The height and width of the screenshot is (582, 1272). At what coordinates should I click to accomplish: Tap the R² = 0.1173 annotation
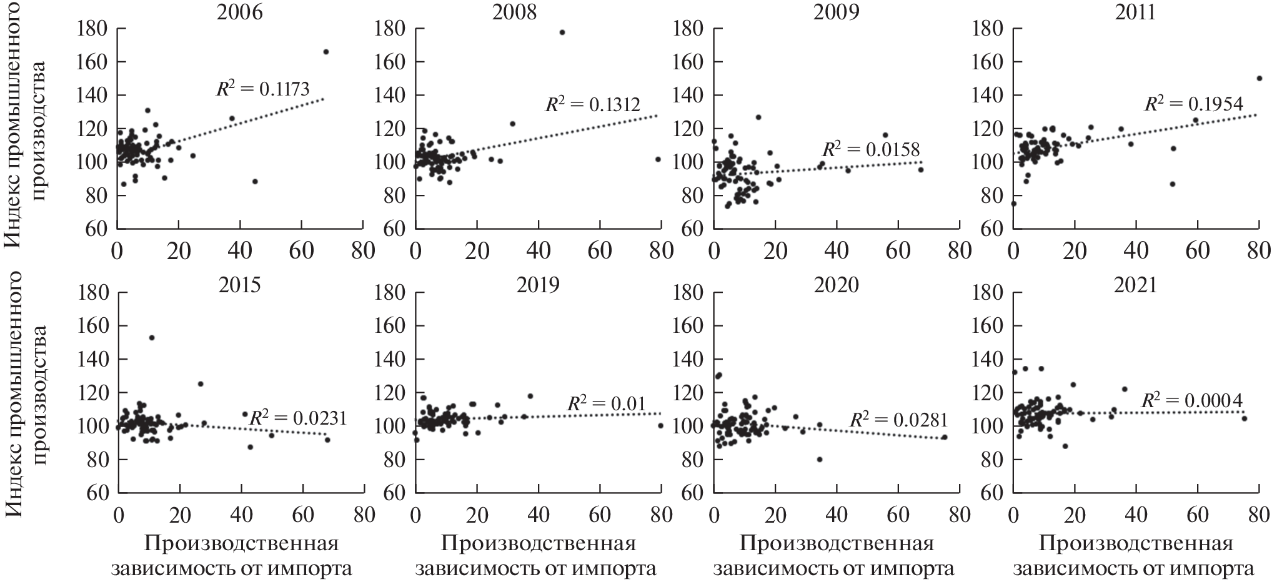click(262, 89)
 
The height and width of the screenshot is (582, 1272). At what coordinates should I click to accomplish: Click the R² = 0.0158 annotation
click(870, 149)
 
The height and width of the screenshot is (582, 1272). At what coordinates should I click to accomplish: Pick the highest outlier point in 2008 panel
click(562, 32)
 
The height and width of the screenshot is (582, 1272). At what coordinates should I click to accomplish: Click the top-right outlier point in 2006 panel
click(326, 52)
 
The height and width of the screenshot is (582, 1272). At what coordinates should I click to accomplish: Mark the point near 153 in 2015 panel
click(152, 338)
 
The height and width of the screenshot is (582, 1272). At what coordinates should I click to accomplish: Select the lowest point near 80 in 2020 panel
click(820, 460)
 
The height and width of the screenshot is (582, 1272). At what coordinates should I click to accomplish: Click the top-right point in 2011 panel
click(1260, 78)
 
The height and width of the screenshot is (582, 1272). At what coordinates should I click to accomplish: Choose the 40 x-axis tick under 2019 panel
click(539, 515)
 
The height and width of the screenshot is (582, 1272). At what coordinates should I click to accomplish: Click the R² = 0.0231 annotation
click(297, 418)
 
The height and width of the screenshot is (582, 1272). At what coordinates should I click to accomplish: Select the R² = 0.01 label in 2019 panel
click(605, 404)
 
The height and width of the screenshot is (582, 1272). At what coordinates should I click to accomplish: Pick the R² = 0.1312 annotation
click(592, 104)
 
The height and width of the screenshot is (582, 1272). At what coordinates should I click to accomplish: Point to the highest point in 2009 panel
click(758, 117)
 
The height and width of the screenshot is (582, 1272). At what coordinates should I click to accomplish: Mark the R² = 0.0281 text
click(898, 419)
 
